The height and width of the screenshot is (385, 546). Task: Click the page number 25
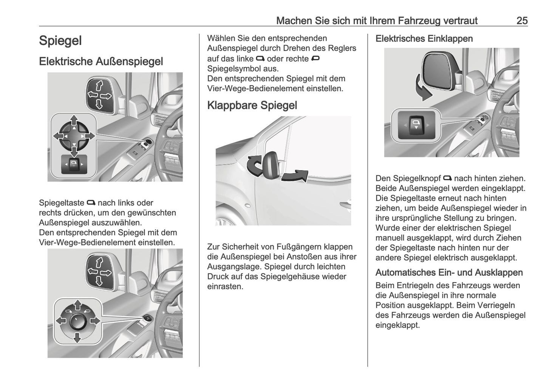point(522,20)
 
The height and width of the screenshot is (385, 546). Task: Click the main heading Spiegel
point(60,41)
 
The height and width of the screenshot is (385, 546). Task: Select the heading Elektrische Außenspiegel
point(101,61)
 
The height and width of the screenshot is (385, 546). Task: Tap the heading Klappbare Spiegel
point(252,105)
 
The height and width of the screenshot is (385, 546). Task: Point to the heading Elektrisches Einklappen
point(424,39)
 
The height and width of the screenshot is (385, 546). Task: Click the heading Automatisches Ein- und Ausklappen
point(449,272)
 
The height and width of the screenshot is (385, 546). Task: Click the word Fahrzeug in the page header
point(409,20)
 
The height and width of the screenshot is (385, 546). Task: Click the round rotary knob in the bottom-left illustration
point(77,321)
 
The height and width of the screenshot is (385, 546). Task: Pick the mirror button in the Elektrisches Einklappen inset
point(416,125)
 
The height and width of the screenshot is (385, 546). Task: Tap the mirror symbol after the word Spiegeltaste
point(91,203)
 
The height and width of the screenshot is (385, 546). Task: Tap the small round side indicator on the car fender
point(247,206)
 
